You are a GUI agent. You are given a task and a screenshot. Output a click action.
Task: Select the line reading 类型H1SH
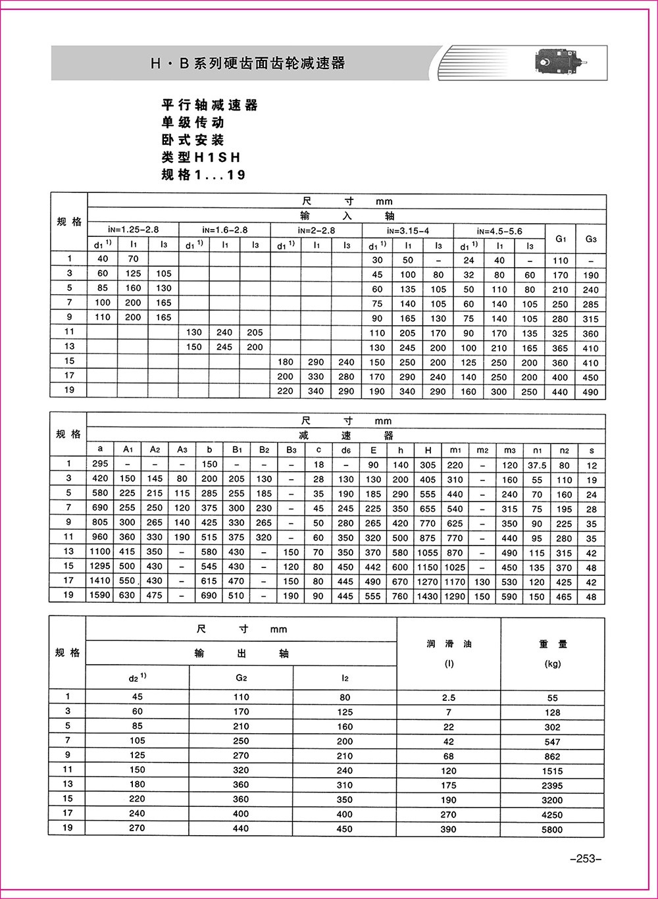[201, 157]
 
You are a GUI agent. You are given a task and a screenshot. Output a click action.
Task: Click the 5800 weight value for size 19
[553, 829]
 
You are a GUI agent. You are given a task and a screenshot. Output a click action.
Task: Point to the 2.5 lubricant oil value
[449, 698]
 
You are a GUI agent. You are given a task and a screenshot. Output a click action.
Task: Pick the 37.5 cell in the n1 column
[537, 465]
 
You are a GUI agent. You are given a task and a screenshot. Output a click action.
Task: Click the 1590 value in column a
[101, 596]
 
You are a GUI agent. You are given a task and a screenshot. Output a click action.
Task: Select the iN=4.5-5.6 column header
[499, 230]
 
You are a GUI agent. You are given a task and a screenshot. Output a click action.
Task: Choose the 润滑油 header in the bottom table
[449, 644]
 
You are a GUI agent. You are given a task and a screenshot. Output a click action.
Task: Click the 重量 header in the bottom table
[553, 644]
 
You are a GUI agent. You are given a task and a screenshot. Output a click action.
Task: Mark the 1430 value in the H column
[428, 596]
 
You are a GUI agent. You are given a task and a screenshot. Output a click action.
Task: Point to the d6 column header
[345, 450]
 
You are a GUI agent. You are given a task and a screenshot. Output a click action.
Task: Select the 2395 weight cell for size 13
[553, 785]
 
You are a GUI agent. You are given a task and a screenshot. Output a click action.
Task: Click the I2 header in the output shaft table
[345, 678]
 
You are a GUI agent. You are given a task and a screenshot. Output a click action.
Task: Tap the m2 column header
[482, 450]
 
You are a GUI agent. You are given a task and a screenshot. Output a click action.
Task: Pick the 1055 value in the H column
[428, 553]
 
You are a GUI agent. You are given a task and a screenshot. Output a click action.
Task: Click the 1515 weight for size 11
[553, 771]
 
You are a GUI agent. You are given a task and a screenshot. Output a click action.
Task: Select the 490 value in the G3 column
[591, 392]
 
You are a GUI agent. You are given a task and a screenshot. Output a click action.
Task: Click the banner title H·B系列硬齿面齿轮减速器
[247, 63]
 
